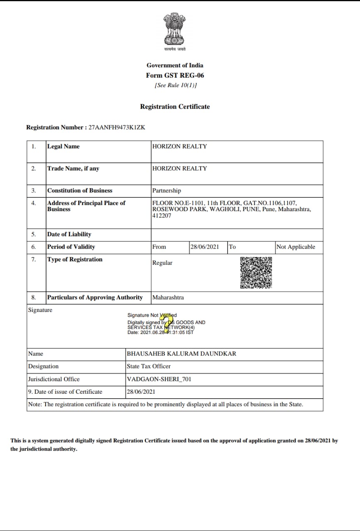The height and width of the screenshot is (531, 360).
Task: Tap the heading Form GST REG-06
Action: tap(175, 75)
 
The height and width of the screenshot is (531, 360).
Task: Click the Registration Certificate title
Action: tap(175, 107)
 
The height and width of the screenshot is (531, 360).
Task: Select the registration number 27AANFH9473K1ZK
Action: tap(117, 127)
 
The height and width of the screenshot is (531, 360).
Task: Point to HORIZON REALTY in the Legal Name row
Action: tap(179, 146)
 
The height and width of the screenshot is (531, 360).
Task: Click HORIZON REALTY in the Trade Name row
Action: tap(179, 168)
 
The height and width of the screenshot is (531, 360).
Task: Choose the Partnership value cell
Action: tap(167, 191)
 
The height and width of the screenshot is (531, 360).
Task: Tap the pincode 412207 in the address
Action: tap(162, 216)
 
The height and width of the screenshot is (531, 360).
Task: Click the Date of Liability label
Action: tap(69, 234)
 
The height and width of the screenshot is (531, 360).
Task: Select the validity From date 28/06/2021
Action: tap(204, 247)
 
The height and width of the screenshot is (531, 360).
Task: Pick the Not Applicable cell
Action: tap(296, 247)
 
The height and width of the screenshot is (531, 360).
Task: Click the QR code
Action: tap(256, 273)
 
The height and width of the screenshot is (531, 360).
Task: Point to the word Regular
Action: tap(162, 263)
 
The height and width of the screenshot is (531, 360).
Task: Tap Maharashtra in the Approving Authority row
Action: tap(168, 297)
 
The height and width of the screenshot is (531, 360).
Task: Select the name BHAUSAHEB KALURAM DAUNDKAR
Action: tap(181, 354)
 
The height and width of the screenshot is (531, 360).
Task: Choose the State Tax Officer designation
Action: tap(148, 366)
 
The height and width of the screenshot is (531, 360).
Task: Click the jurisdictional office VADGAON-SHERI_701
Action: tap(159, 379)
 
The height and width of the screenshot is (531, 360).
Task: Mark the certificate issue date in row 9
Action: tap(141, 392)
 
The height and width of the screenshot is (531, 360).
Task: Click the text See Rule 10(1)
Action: tap(175, 85)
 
